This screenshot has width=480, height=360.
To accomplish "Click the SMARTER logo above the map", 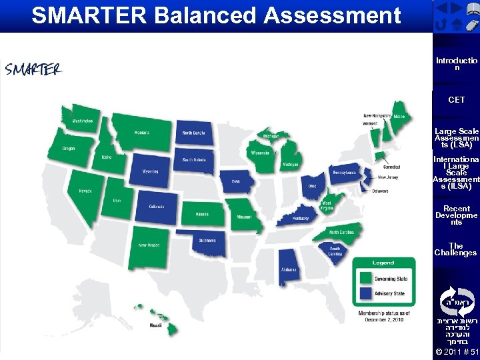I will click(x=33, y=69).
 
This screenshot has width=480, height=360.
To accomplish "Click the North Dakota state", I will click(x=194, y=133).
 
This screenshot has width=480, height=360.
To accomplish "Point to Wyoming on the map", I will click(x=150, y=172).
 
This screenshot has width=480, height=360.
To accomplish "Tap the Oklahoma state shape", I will click(x=206, y=242).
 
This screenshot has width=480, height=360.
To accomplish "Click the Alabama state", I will click(x=289, y=266).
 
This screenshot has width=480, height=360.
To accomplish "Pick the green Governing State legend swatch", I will click(x=365, y=277).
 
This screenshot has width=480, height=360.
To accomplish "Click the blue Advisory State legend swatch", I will click(x=365, y=293).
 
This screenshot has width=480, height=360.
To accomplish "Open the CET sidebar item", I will click(x=456, y=100).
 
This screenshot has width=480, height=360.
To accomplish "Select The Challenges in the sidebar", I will click(x=456, y=249).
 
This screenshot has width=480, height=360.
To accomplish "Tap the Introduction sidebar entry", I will click(x=456, y=64).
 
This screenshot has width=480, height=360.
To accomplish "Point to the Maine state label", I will click(x=399, y=116).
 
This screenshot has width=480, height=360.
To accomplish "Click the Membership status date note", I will click(x=383, y=316).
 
